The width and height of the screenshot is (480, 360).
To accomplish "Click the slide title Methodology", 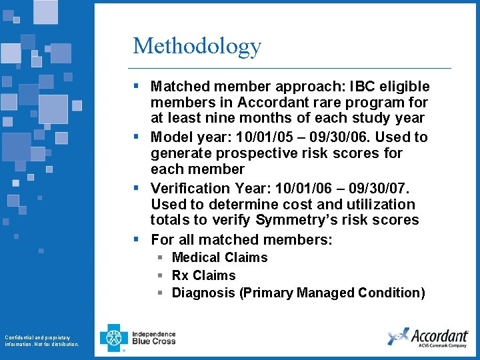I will coord(197,46).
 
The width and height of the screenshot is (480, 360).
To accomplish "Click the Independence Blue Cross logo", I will coord(138,337).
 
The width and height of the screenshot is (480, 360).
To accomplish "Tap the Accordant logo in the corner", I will coord(427,337).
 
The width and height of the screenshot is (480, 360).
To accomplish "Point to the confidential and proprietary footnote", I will coord(41,341).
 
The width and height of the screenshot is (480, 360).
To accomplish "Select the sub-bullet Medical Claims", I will coord(219,257).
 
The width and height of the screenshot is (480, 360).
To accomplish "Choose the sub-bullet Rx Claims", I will coord(203,275).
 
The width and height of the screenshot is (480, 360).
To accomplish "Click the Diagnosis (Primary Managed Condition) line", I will coord(298,293).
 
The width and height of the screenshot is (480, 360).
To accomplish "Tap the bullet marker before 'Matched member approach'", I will coord(136,86).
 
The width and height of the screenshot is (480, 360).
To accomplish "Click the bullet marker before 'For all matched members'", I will coord(136,239).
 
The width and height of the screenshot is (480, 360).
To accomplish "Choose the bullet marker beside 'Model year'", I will coord(136,137).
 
